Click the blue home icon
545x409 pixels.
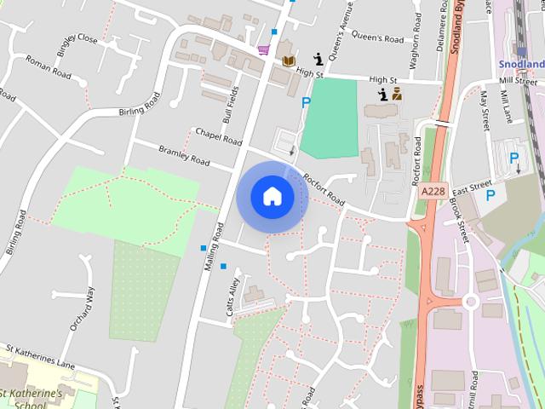pos(272,196)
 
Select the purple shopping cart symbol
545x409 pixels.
pos(263,49)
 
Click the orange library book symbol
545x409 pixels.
pos(289,61)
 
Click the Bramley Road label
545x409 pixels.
pos(184,155)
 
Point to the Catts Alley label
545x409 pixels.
pos(232,297)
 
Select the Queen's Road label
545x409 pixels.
pos(377,38)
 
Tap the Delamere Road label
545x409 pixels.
pos(442,26)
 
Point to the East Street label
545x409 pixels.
pos(473,184)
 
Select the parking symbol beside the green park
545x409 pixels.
pos(306,102)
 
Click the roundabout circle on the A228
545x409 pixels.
pos(469,301)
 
